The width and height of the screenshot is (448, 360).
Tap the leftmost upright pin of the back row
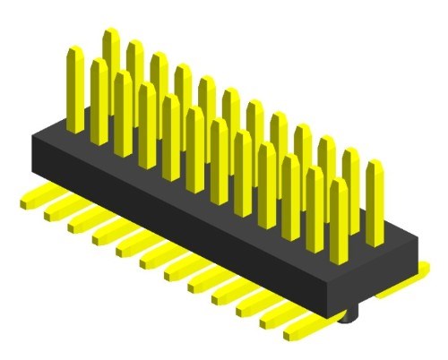[x=111, y=63]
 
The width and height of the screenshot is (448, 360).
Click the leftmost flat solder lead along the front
[x=36, y=198]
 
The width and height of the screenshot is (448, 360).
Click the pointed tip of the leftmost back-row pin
[x=111, y=32]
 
